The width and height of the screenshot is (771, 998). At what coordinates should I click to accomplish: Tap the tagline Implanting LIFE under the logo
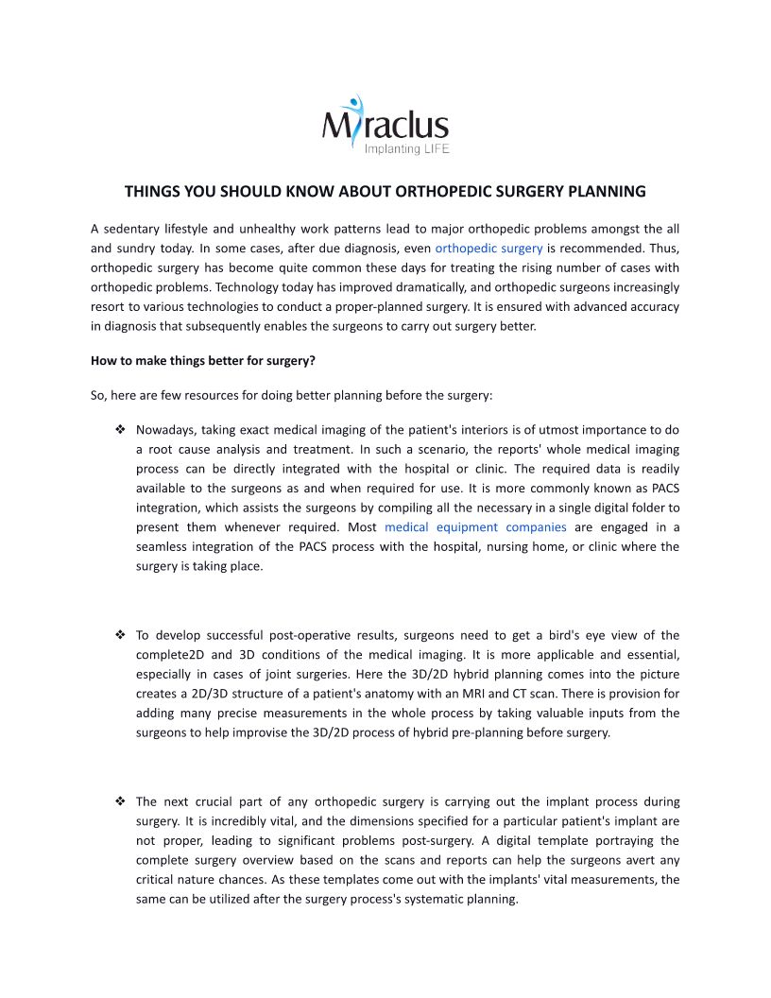point(406,149)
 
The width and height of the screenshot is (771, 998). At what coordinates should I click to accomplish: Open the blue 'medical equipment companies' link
point(475,527)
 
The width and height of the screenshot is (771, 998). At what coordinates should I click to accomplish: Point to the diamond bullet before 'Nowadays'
point(121,430)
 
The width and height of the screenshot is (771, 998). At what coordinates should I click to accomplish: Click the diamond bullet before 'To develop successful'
point(121,635)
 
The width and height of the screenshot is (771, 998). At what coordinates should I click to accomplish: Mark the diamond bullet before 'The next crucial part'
point(121,801)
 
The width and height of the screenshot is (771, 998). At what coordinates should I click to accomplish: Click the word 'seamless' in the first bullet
point(163,547)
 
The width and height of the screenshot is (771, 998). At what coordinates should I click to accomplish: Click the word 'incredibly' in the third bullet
point(228,821)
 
